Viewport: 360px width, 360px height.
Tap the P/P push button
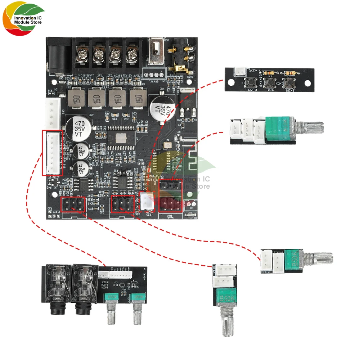(270, 83)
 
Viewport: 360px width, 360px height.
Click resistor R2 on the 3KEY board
(270, 73)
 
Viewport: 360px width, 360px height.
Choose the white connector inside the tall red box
(52, 153)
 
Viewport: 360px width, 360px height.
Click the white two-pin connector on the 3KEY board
(240, 73)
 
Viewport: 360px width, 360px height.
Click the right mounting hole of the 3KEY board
(307, 83)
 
